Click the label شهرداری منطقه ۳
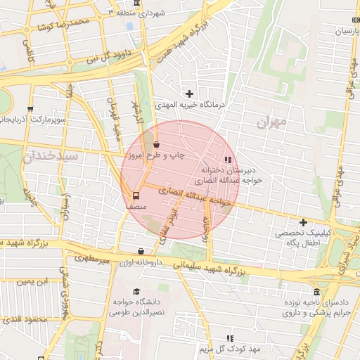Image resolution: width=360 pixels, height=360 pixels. coord(140,13)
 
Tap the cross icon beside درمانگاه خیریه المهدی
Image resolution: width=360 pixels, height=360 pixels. coord(189,94)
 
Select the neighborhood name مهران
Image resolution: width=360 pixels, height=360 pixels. coord(272,123)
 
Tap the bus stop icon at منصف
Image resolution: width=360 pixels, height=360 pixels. coord(136,195)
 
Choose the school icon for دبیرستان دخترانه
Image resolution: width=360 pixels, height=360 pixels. coord(227,160)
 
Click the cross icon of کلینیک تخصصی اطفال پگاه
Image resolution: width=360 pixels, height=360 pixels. coord(303,222)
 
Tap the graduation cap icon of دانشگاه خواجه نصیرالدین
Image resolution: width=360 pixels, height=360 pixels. coord(136,292)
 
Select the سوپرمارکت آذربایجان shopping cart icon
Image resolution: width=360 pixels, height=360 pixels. coord(30,109)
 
